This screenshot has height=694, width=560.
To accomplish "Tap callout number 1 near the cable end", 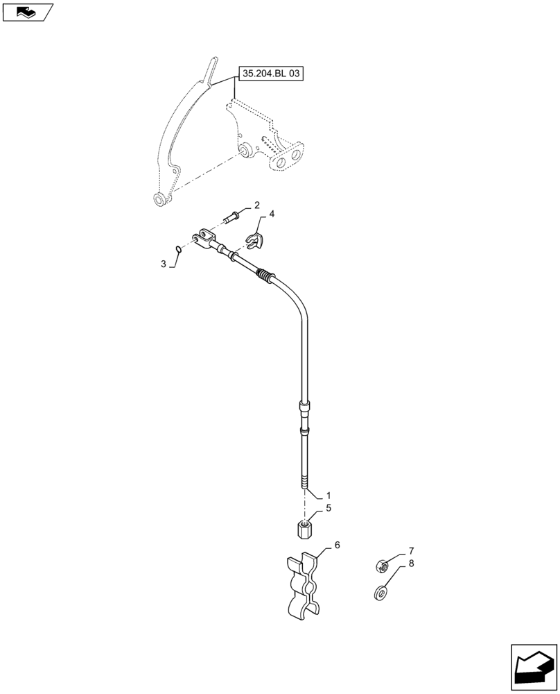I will coord(329,496).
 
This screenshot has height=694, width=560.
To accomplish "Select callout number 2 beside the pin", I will coord(256,205).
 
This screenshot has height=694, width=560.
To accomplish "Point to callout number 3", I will coord(164,264).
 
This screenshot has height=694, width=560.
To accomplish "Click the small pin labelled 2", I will coord(234,217).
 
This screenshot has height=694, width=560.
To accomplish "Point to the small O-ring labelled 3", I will coord(178,250).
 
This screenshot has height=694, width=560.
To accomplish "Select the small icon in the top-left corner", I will coord(28,11).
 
